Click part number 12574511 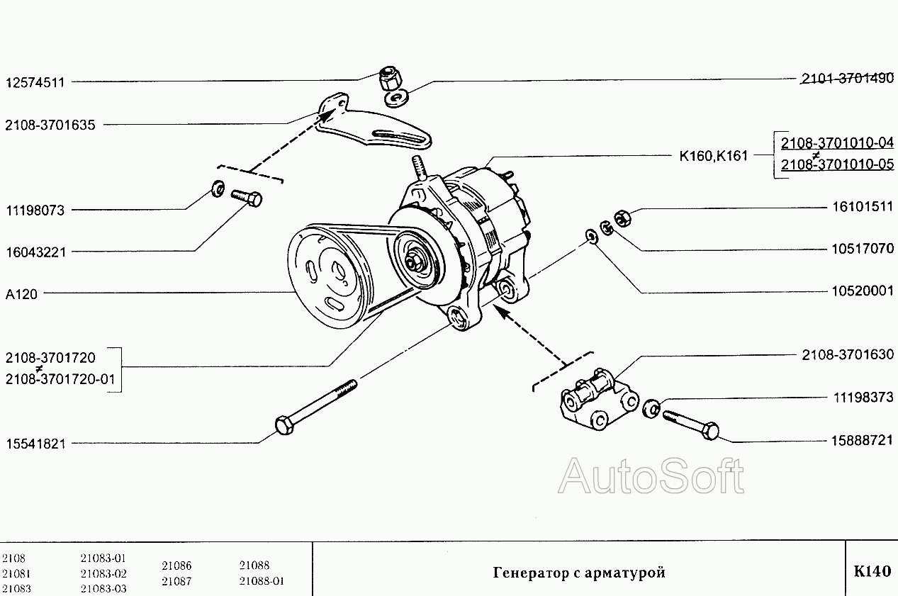(35, 82)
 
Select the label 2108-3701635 (50, 125)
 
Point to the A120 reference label (22, 294)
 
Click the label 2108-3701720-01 (60, 380)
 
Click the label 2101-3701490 (848, 79)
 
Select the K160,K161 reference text (713, 157)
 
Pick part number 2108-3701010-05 (837, 166)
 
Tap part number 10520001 (862, 291)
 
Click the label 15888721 (862, 440)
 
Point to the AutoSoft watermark (651, 476)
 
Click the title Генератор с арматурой (579, 573)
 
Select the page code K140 (872, 572)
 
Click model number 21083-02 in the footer (103, 573)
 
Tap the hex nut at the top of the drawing (388, 76)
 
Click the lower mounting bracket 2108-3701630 (597, 405)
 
